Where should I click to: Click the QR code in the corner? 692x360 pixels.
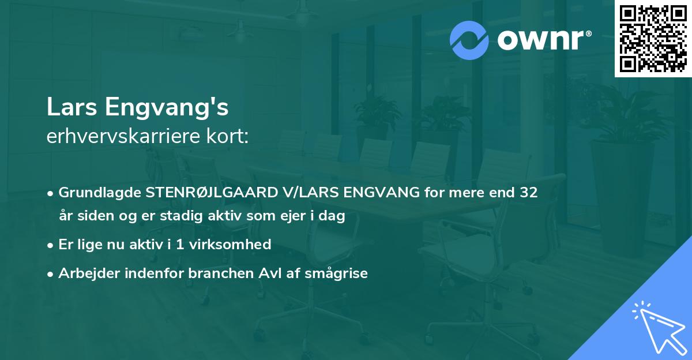coord(653,38)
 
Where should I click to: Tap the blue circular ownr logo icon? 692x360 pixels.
coord(469,40)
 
